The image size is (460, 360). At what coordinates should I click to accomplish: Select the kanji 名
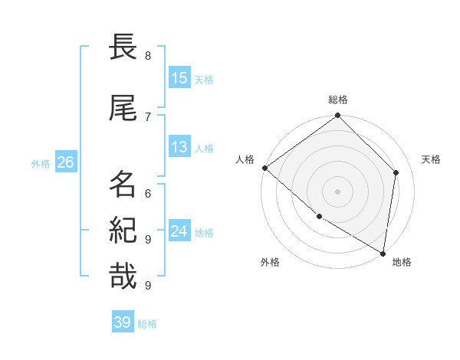(123, 184)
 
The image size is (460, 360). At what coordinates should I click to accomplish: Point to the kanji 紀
(123, 231)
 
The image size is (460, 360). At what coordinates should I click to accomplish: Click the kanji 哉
(123, 277)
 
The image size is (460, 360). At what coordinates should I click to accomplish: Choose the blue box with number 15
(179, 78)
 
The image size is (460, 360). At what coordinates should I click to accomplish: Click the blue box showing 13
(179, 148)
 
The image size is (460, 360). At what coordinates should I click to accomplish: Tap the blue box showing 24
(179, 231)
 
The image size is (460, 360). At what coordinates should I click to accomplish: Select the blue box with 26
(65, 162)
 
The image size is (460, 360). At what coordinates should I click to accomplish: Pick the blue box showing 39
(123, 322)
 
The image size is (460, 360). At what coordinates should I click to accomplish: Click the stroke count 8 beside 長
(148, 56)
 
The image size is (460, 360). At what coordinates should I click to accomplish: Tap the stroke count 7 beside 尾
(148, 116)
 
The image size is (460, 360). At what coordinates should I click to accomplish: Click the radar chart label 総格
(338, 100)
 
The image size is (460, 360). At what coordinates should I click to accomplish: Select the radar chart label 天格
(431, 159)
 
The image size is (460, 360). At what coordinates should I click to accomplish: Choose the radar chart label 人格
(245, 159)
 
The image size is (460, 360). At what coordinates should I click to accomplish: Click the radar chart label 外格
(270, 263)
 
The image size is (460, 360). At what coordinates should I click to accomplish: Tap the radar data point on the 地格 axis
(383, 253)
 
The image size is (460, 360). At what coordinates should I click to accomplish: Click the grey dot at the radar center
(338, 191)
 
